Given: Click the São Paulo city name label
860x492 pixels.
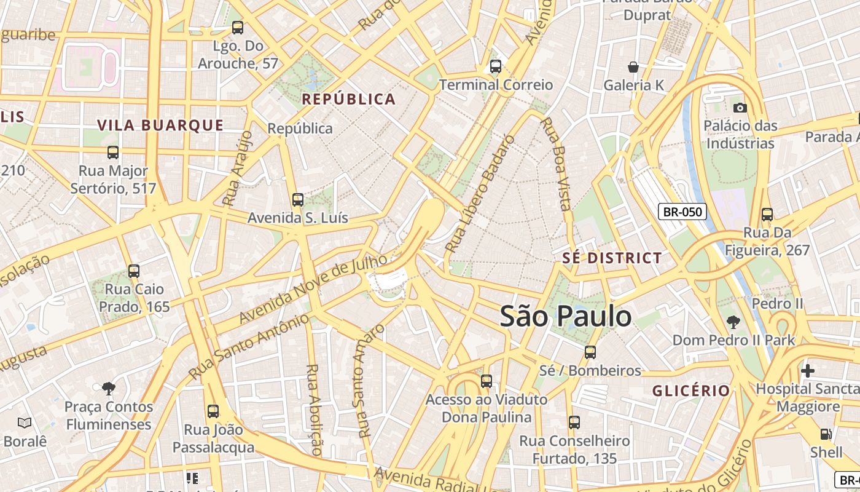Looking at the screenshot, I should point(565,316).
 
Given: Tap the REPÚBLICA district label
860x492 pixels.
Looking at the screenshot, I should point(348,99).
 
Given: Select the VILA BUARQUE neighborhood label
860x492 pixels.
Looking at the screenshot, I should point(160,125).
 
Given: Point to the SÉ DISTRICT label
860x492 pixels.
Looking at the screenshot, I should point(612,258).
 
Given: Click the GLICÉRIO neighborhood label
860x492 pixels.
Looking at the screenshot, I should point(691,391).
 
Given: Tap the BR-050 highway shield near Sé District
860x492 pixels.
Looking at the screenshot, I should point(682,212).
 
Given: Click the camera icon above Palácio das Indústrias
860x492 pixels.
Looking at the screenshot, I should point(740,108).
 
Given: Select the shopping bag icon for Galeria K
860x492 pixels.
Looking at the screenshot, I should point(633,67).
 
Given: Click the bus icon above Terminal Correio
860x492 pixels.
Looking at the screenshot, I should point(496,66).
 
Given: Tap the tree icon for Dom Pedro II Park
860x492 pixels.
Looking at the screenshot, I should point(733,322).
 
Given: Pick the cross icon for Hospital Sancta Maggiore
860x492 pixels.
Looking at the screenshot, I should point(808,371).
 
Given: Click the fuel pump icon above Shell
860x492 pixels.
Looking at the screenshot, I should point(826,434).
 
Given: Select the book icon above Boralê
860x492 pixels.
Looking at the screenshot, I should point(25,423).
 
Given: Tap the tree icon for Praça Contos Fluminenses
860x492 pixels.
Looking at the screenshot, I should point(109,388).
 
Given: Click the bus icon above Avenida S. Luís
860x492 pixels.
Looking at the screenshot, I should point(298,199).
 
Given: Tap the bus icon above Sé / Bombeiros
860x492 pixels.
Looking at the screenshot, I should point(590,352).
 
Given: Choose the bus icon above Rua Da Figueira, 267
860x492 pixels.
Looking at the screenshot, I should point(767,215).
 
